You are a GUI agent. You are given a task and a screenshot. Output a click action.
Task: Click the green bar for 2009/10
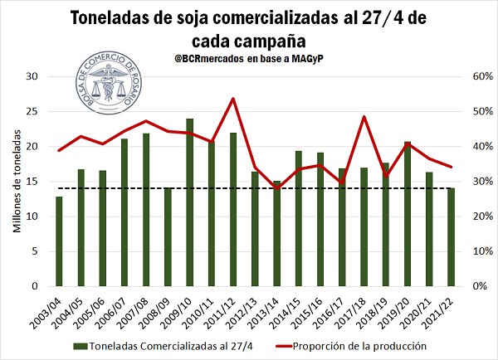pos(189,202)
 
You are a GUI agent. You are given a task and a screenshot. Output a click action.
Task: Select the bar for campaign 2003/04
pos(59,241)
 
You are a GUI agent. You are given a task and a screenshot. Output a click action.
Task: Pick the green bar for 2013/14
pos(276,233)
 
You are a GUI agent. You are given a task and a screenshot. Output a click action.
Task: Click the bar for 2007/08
pos(146,209)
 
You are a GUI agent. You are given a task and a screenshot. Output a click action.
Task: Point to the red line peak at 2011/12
pos(232,99)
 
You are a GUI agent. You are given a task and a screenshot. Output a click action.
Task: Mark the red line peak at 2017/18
pos(364,116)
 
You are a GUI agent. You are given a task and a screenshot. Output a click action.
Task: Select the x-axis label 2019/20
pos(403,309)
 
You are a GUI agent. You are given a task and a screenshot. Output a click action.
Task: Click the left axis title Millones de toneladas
pos(16,181)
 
